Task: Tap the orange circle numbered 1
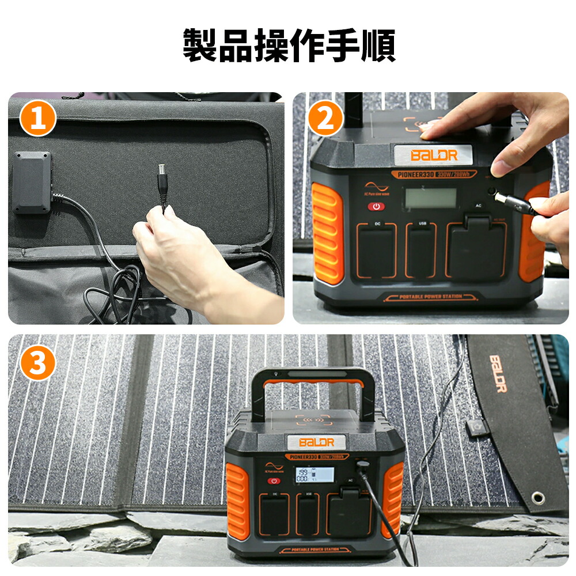click(x=37, y=119)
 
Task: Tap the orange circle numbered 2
click(x=325, y=119)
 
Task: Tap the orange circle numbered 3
click(x=37, y=363)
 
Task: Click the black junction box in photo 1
click(x=32, y=182)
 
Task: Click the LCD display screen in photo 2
click(x=430, y=198)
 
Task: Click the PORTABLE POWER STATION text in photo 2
click(x=430, y=297)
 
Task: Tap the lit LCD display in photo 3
click(x=314, y=476)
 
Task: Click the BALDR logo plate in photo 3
click(x=316, y=442)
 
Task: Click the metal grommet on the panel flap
click(x=538, y=497)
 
